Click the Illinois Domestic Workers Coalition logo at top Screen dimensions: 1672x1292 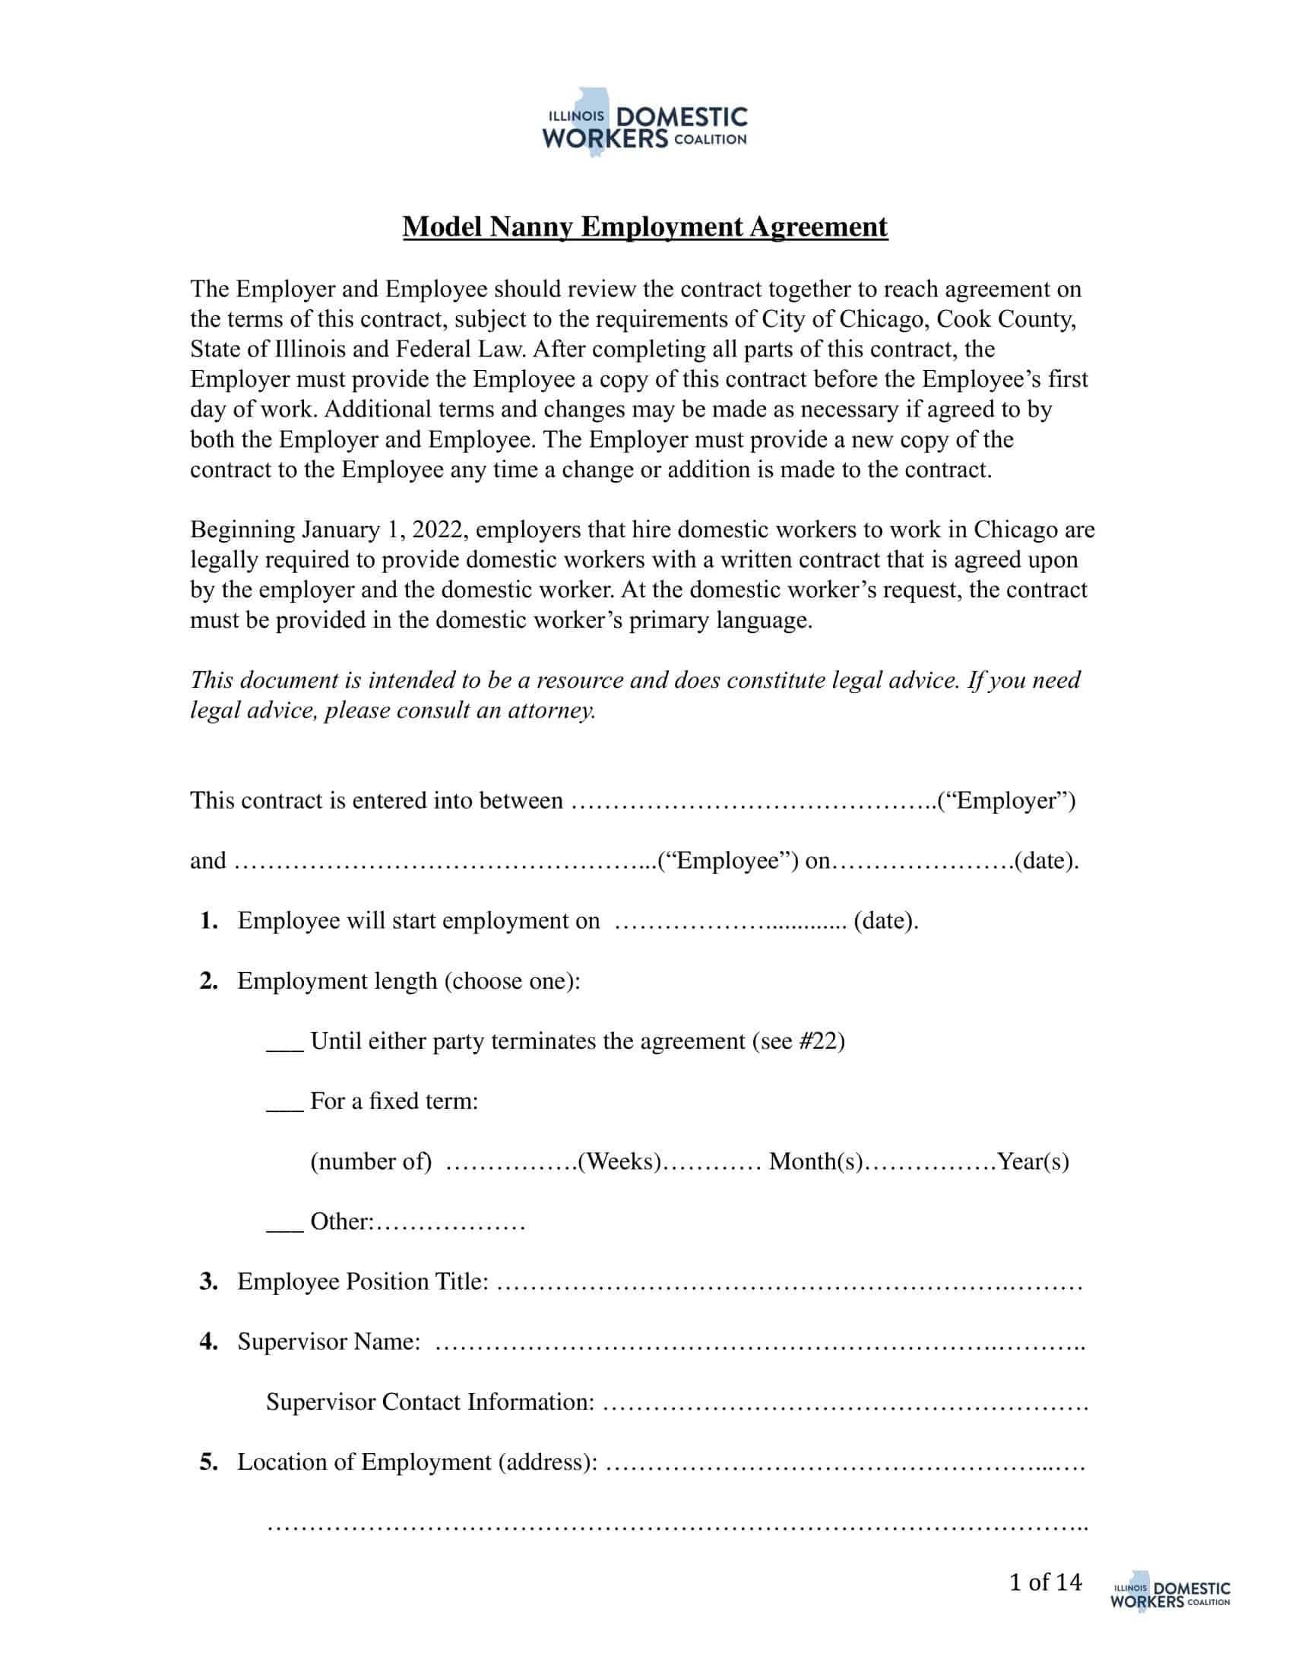[x=644, y=122]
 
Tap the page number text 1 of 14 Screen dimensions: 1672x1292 [x=1045, y=1582]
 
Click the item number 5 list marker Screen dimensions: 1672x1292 [x=209, y=1462]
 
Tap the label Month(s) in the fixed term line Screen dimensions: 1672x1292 [x=816, y=1162]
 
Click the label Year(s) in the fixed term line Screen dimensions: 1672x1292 [x=1033, y=1162]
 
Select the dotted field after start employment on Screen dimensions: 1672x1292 [x=730, y=922]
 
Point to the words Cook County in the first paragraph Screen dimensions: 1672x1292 [x=1005, y=319]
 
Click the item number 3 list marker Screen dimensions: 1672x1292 [x=209, y=1281]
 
